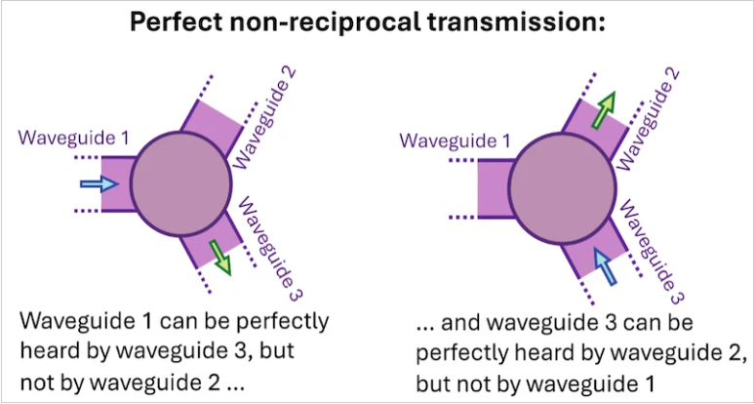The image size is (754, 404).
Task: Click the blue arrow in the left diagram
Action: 99,183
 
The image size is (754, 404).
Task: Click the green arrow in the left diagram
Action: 220,259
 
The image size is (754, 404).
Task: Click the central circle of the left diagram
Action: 181,184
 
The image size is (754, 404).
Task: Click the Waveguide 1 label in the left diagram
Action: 74,139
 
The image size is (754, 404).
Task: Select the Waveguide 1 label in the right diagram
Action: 456,142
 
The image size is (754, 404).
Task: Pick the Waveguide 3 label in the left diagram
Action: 269,248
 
